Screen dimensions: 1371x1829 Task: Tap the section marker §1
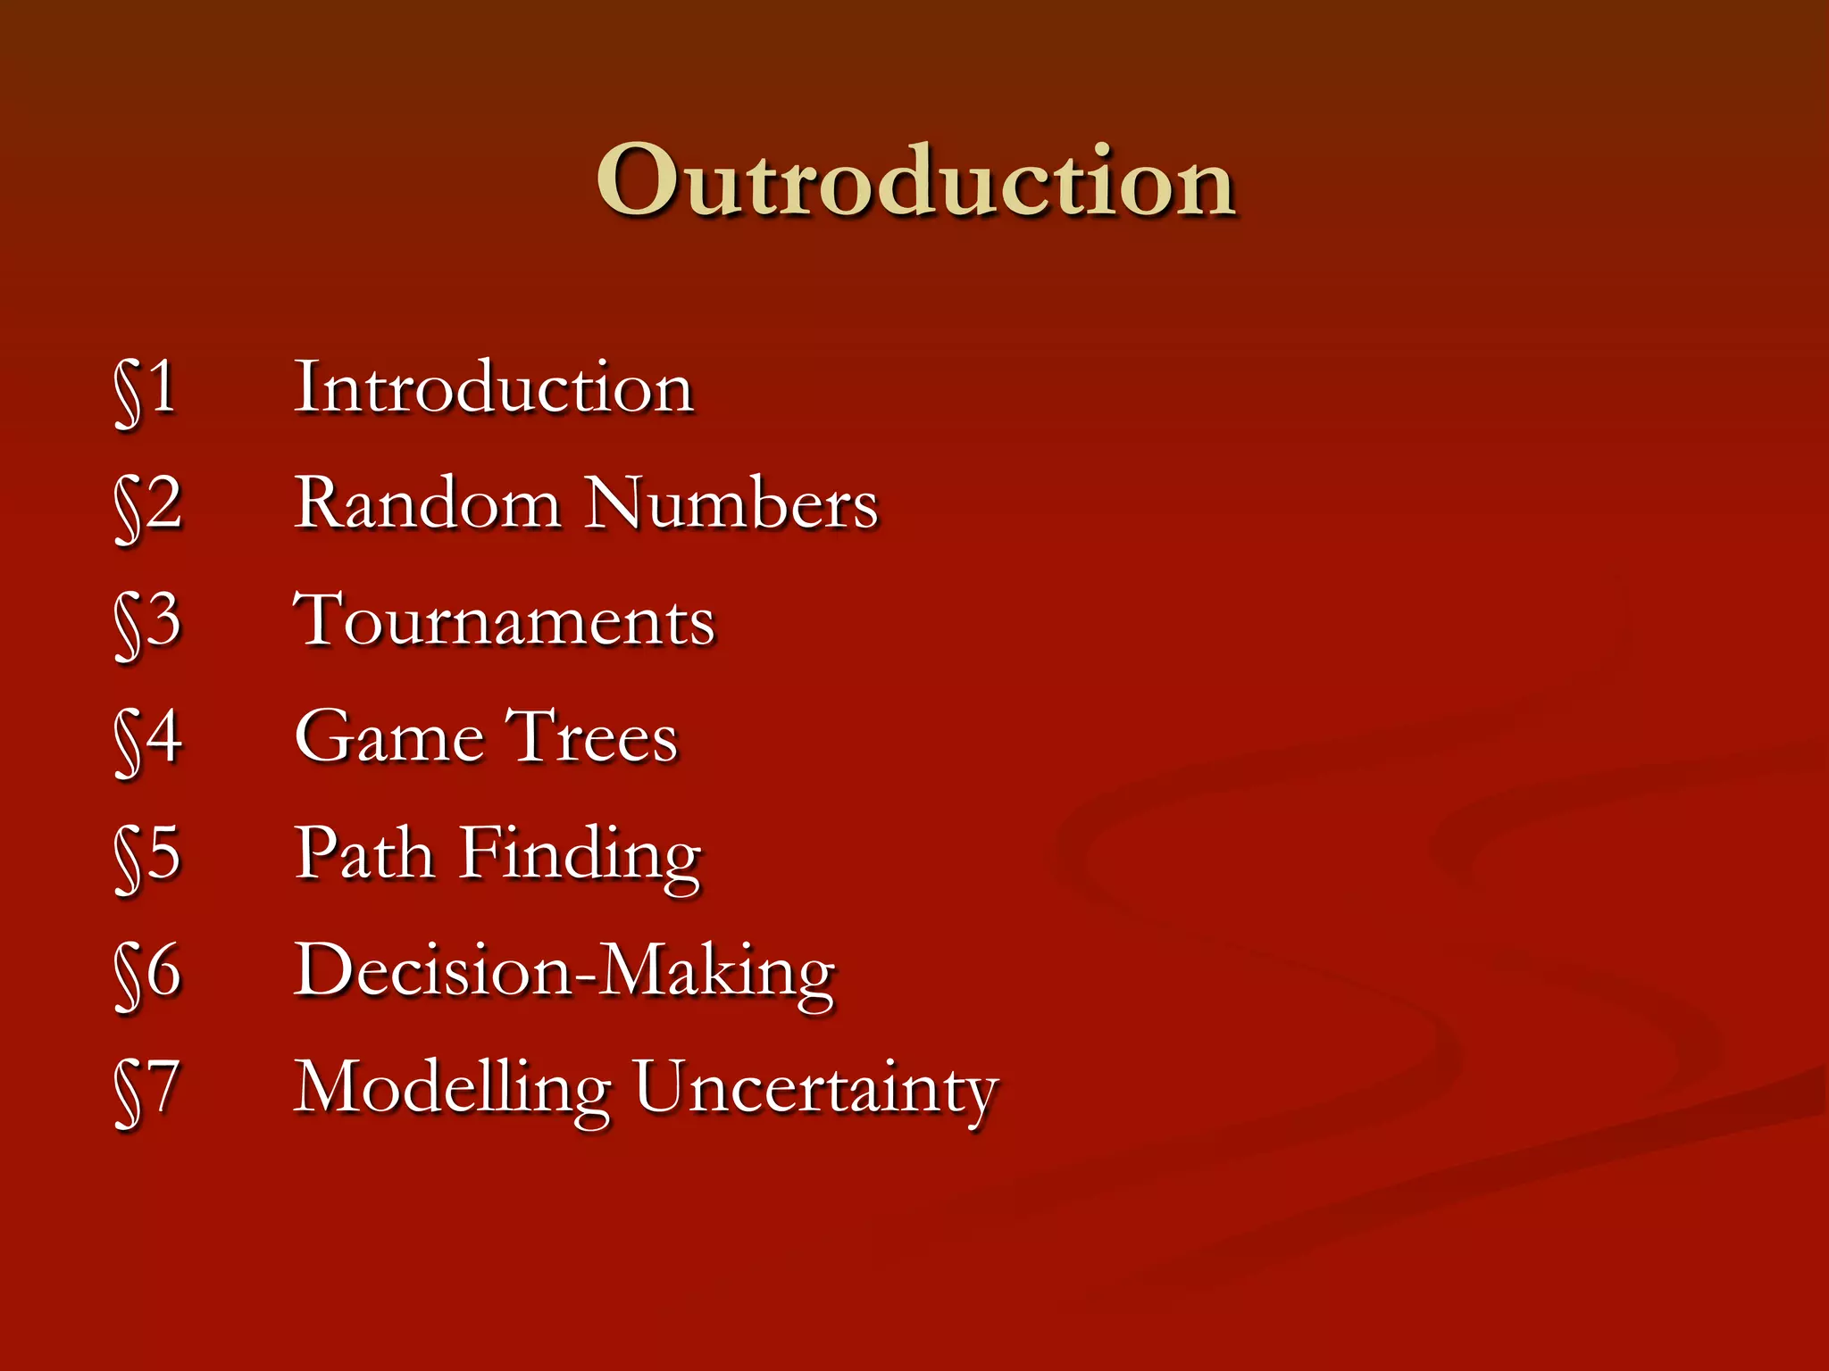[x=146, y=389]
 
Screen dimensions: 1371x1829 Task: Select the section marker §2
[x=148, y=505]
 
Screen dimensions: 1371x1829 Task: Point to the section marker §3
[x=148, y=622]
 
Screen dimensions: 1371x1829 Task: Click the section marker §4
[x=148, y=739]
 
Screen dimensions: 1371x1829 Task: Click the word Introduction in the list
[x=494, y=388]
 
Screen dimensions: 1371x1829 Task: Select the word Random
[x=428, y=503]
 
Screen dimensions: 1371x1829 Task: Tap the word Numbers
[x=731, y=503]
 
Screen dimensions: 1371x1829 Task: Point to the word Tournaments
[x=505, y=620]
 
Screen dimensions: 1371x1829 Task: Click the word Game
[x=390, y=737]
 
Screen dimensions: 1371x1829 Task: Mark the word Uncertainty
[x=815, y=1089]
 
